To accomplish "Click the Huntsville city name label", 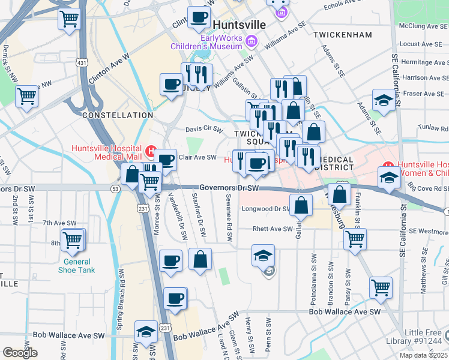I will point(239,25).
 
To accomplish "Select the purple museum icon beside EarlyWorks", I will point(252,41).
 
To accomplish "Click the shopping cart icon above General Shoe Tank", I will point(73,241).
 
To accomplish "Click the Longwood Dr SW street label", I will point(265,209).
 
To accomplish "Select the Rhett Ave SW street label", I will point(272,229).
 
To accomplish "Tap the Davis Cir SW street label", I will point(203,128).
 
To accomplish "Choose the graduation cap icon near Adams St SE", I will point(384,100).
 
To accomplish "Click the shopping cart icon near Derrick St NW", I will point(26,95).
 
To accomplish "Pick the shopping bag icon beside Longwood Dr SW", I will point(300,205).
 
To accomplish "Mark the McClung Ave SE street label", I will point(424,26).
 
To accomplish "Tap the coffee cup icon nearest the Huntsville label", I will point(199,17).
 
